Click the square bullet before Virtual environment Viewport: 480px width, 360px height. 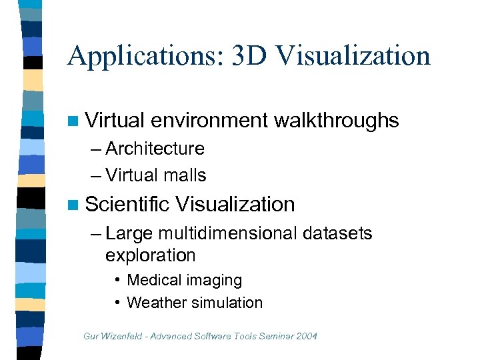tap(73, 121)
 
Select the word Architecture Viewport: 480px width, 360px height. tap(155, 148)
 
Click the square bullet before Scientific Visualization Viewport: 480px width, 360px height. tap(73, 205)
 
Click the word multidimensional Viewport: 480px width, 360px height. tap(227, 233)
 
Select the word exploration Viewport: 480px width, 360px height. tap(150, 255)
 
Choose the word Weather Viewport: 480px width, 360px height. tap(157, 303)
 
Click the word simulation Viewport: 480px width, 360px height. tap(227, 303)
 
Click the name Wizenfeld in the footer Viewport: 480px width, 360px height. tap(123, 335)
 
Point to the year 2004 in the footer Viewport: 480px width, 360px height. tap(305, 335)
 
